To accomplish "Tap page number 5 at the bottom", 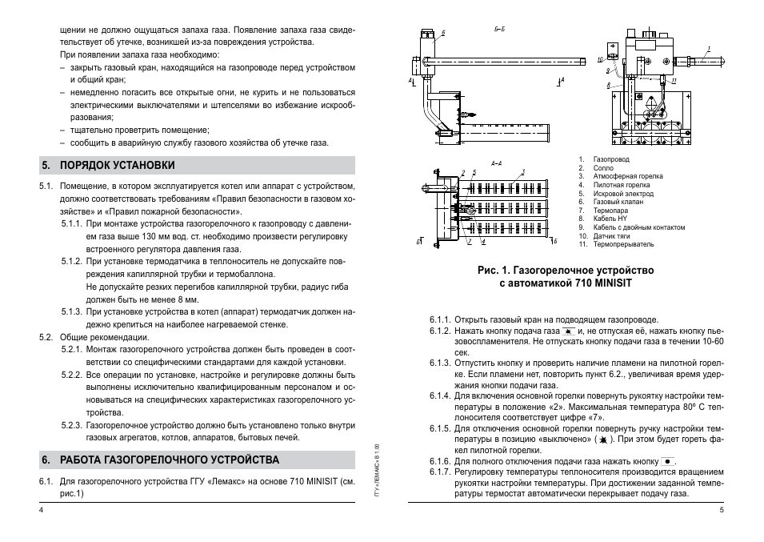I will pyautogui.click(x=722, y=510).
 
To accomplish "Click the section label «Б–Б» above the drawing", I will pyautogui.click(x=499, y=30).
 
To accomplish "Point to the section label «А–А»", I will pyautogui.click(x=497, y=163).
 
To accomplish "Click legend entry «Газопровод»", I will pyautogui.click(x=611, y=160).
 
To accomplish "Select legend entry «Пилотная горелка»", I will pyautogui.click(x=616, y=185).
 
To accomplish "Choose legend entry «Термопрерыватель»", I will pyautogui.click(x=623, y=244).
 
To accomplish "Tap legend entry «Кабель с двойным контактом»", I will pyautogui.click(x=633, y=227).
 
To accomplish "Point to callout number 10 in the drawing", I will pyautogui.click(x=600, y=60).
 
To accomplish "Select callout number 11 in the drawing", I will pyautogui.click(x=674, y=81).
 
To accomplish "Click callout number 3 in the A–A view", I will pyautogui.click(x=523, y=171).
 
